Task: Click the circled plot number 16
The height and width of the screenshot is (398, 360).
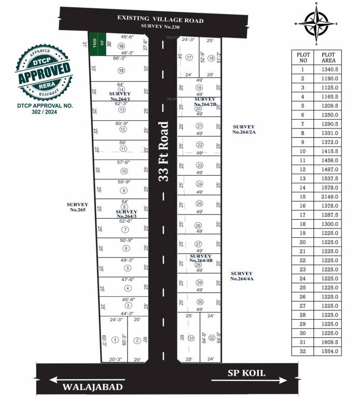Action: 121,46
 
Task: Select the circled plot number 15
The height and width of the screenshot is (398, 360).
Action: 121,70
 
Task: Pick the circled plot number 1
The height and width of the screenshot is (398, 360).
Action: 115,340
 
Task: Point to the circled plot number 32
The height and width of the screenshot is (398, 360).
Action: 211,338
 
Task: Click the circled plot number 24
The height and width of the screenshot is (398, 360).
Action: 199,184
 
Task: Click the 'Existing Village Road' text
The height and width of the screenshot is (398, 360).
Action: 160,20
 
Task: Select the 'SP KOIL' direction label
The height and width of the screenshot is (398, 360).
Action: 246,373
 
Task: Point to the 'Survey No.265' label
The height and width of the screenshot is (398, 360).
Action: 79,207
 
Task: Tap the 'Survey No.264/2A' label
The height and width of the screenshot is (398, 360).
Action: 244,129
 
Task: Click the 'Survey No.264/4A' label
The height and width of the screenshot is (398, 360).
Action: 242,276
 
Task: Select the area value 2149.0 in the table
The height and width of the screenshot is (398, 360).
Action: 330,196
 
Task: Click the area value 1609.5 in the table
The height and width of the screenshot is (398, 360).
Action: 330,342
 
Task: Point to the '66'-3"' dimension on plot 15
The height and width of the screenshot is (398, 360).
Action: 120,59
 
